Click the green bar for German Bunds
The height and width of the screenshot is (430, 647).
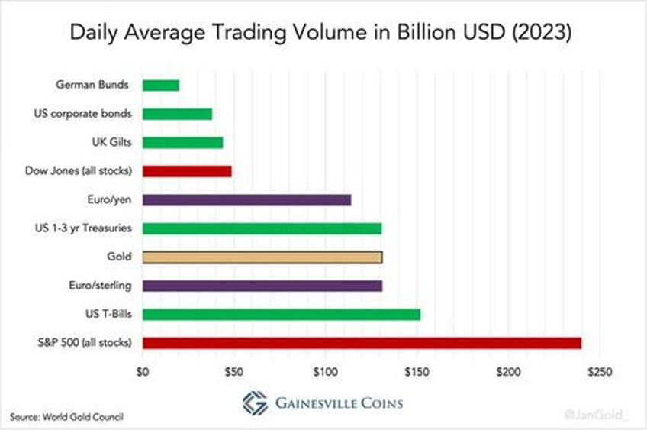tap(161, 86)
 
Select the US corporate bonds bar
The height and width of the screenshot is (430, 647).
tap(177, 114)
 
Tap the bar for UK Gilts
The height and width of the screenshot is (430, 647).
tap(182, 143)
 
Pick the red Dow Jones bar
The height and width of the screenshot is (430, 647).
tap(187, 171)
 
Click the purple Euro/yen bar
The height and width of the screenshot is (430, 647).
tap(246, 200)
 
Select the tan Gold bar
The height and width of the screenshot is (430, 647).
tap(262, 257)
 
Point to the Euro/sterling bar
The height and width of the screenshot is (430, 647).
tap(262, 286)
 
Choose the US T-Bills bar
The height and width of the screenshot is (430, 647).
tap(282, 314)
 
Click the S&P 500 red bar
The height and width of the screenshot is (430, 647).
tap(362, 343)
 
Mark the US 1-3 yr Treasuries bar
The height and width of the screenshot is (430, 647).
tap(262, 228)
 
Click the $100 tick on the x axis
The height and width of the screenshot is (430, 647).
tap(325, 372)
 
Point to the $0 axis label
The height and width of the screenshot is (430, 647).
tap(143, 372)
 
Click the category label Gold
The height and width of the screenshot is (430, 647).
tap(121, 257)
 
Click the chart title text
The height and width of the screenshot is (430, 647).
tap(323, 33)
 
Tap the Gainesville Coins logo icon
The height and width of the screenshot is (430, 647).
tap(255, 403)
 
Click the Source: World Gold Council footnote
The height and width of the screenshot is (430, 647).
tap(67, 416)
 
